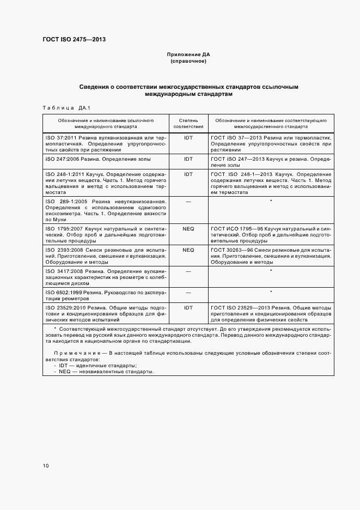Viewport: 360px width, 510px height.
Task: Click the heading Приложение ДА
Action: point(188,55)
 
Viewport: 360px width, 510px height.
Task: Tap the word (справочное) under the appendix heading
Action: point(188,61)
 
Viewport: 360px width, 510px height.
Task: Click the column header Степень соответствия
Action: point(188,123)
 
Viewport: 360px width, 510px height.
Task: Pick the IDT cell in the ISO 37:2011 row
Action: point(188,138)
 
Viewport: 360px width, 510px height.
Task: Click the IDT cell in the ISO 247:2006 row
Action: point(188,159)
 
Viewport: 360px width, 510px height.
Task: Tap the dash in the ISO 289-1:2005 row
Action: point(188,202)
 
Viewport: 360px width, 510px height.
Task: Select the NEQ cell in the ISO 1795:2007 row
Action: point(188,229)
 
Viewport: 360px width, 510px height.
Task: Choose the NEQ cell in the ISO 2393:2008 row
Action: point(188,250)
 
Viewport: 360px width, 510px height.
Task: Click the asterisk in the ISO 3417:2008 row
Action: point(271,271)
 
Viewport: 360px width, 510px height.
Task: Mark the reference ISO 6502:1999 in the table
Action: point(64,293)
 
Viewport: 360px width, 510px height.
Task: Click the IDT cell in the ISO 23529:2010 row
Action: point(188,308)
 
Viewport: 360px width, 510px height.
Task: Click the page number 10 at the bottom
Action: point(46,466)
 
